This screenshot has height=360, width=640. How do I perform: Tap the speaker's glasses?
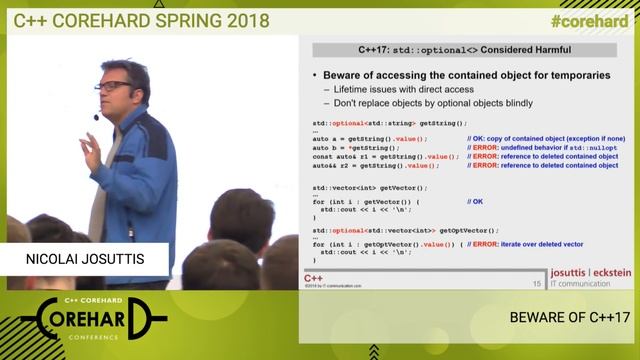pos(116,87)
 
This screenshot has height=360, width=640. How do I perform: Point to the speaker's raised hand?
pos(90,151)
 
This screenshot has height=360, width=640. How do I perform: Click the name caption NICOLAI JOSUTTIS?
pos(84,260)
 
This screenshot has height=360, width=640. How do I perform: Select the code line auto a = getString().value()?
pos(370,139)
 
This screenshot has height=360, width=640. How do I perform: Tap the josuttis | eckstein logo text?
pos(590,272)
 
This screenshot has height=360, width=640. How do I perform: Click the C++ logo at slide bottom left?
pos(314,276)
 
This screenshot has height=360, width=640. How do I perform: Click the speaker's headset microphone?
pos(97,117)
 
